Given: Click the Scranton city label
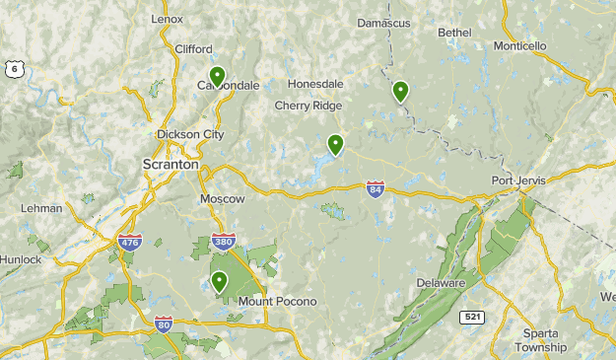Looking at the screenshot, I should pyautogui.click(x=171, y=165).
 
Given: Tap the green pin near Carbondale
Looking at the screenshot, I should pyautogui.click(x=217, y=76).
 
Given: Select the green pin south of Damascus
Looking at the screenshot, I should pyautogui.click(x=400, y=92).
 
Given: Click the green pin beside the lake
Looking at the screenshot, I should pyautogui.click(x=336, y=145).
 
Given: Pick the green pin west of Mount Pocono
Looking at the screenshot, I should pyautogui.click(x=219, y=282).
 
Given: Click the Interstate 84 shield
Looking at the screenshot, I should pyautogui.click(x=375, y=188).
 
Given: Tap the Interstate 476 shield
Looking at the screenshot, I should pyautogui.click(x=128, y=241).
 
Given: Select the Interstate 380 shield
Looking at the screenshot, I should pyautogui.click(x=224, y=241).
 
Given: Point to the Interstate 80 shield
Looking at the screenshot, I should pyautogui.click(x=164, y=323).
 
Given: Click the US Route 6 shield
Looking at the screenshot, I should pyautogui.click(x=13, y=67).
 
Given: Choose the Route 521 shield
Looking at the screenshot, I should pyautogui.click(x=473, y=317).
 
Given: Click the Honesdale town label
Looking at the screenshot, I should pyautogui.click(x=316, y=85).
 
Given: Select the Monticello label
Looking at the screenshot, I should pyautogui.click(x=519, y=45).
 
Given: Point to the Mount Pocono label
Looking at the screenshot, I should pyautogui.click(x=277, y=301).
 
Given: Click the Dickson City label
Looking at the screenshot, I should pyautogui.click(x=190, y=134).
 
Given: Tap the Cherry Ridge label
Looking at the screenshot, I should pyautogui.click(x=308, y=106).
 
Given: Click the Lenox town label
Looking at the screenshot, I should pyautogui.click(x=168, y=19).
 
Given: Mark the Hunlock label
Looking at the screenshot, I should pyautogui.click(x=20, y=259).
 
